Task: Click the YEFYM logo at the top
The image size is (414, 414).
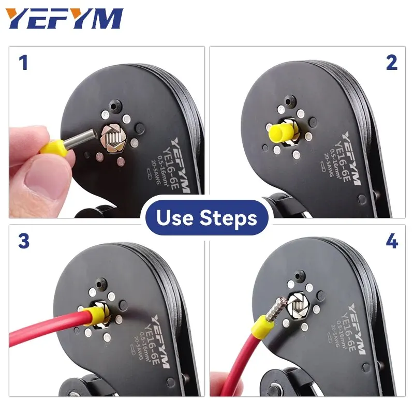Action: coord(65,19)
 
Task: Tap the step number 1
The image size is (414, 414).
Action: coord(23,63)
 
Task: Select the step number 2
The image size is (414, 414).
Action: coord(391,63)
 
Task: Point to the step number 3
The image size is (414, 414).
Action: coord(23,242)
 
